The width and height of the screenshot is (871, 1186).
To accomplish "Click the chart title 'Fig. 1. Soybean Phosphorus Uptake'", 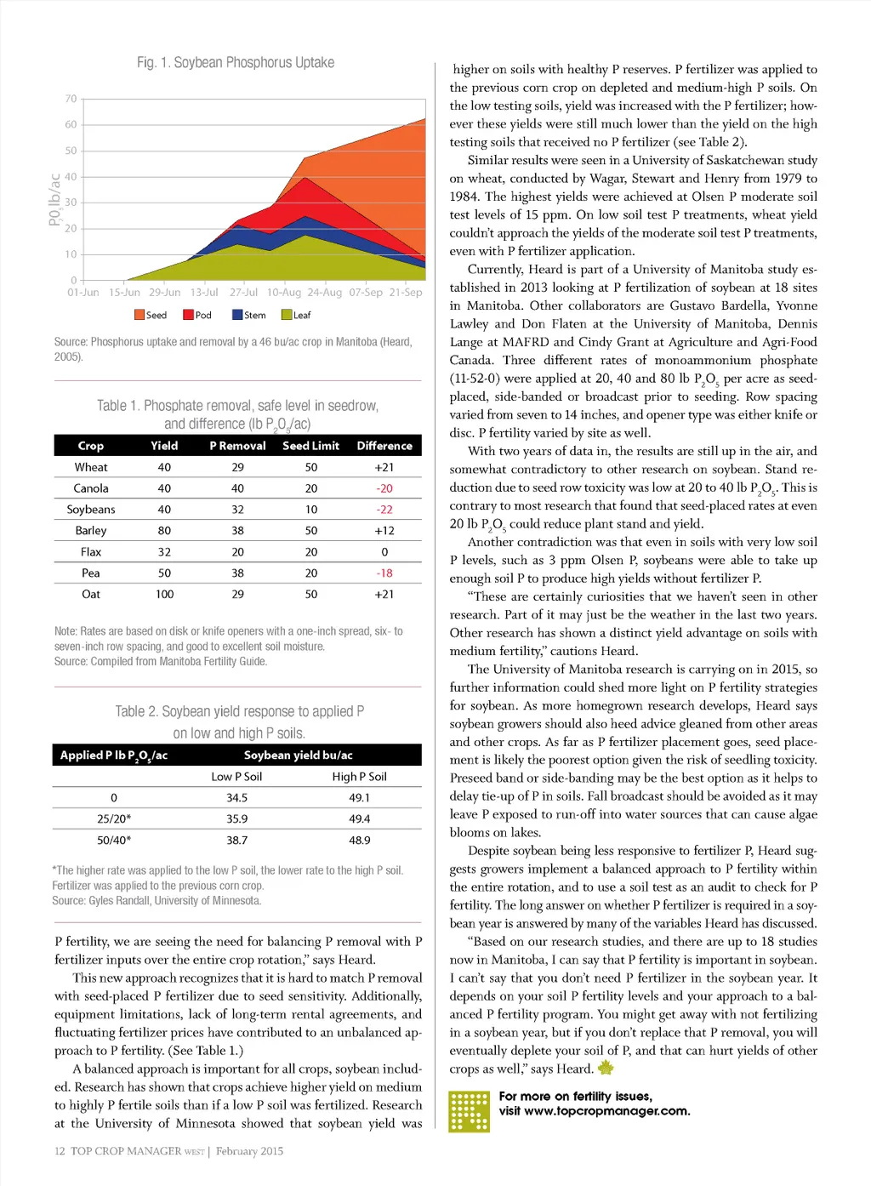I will (236, 63).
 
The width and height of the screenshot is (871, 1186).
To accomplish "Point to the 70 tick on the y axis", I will (71, 99).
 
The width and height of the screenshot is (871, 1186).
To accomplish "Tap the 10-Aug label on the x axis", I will (283, 292).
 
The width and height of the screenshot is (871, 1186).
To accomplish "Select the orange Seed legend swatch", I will (139, 315).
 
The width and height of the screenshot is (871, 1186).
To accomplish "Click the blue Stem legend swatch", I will (238, 315).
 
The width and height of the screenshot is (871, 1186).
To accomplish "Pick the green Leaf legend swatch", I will (287, 315).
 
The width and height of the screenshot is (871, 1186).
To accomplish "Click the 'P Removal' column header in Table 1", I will (237, 446).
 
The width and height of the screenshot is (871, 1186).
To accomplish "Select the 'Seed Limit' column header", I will (310, 446).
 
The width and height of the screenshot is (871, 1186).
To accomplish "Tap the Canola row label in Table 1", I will (91, 488).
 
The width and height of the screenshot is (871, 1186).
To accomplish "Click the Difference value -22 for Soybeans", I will (384, 510).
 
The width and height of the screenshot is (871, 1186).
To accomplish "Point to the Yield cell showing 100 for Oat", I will (164, 594).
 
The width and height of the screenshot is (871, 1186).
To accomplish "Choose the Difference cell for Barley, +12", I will (384, 530).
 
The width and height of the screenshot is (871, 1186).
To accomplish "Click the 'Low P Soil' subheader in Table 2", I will (236, 777).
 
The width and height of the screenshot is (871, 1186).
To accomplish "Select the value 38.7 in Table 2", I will (236, 840).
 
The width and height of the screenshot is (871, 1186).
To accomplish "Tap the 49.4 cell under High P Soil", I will (359, 818).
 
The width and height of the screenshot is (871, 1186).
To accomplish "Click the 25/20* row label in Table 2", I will (114, 818).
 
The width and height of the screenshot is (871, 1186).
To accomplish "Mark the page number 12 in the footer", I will (60, 1151).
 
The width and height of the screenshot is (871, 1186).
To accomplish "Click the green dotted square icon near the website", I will (469, 1110).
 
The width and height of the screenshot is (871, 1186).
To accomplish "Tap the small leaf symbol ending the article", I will (606, 1068).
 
